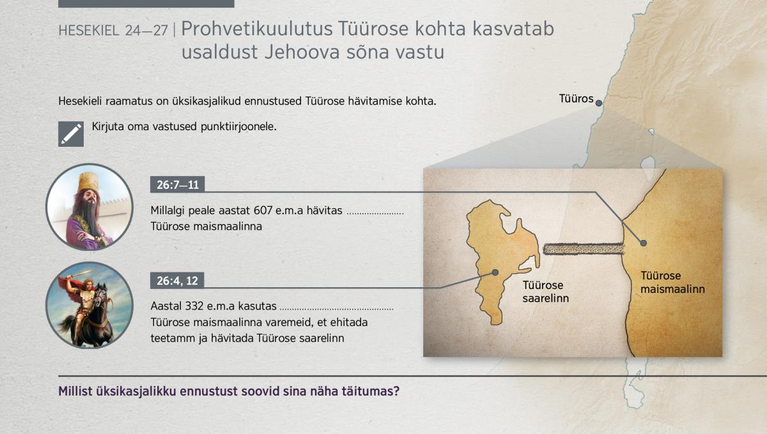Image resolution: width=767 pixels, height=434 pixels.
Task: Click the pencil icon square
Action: click(x=71, y=134)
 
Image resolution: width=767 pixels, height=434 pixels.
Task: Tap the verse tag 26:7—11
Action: click(x=178, y=184)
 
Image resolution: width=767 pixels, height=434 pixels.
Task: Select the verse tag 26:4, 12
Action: click(x=177, y=280)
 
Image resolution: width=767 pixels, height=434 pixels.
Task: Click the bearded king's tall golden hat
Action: click(x=88, y=182)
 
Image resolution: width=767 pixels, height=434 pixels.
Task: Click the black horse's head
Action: click(x=100, y=295)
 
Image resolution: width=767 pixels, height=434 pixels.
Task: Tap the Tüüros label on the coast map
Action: click(x=577, y=98)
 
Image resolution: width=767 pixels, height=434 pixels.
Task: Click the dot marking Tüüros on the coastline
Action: click(x=598, y=103)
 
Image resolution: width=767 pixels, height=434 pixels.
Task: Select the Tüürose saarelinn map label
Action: click(x=545, y=292)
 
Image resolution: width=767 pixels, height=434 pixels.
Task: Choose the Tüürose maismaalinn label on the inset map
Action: click(x=672, y=282)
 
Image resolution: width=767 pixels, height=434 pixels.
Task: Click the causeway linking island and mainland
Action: click(x=584, y=249)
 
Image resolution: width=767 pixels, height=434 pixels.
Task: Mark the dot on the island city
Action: click(x=495, y=273)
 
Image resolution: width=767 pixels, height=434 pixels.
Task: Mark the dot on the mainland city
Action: click(x=644, y=243)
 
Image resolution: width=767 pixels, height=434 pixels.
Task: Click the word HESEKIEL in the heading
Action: click(x=89, y=31)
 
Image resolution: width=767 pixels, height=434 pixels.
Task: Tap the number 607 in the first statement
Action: click(x=263, y=211)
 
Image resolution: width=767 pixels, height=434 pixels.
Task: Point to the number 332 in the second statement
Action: click(x=194, y=306)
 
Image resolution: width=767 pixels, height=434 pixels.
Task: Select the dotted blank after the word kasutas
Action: click(x=337, y=309)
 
